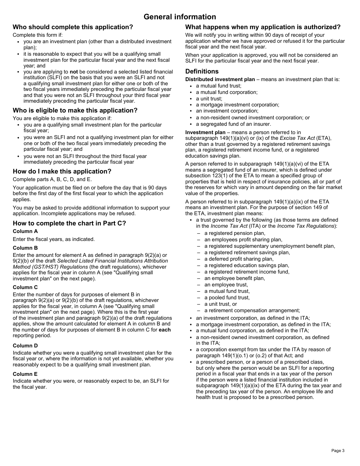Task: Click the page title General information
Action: pyautogui.click(x=180, y=17)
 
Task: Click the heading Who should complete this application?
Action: pyautogui.click(x=73, y=27)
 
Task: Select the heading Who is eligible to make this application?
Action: pyautogui.click(x=75, y=110)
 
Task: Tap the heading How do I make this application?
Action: pyautogui.click(x=62, y=171)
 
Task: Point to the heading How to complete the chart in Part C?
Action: pyautogui.click(x=69, y=223)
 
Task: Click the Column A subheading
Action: pyautogui.click(x=25, y=231)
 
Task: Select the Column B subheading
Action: pyautogui.click(x=25, y=248)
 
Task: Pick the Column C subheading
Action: pyautogui.click(x=25, y=287)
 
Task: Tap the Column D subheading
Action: pyautogui.click(x=25, y=346)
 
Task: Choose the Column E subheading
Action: pyautogui.click(x=25, y=374)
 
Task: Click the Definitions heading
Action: pyautogui.click(x=202, y=71)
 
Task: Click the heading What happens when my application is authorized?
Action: pyautogui.click(x=263, y=27)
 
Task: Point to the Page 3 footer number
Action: pyautogui.click(x=338, y=450)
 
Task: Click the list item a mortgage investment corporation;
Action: pyautogui.click(x=237, y=105)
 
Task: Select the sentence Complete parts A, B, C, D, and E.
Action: pyautogui.click(x=52, y=179)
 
